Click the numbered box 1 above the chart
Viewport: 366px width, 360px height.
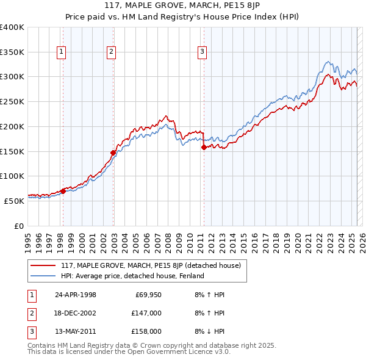(x=62, y=52)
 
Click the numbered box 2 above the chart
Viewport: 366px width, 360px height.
(x=112, y=52)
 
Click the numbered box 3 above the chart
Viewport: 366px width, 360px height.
(x=202, y=52)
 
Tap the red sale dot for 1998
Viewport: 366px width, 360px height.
(x=63, y=191)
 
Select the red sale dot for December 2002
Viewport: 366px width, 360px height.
(x=113, y=153)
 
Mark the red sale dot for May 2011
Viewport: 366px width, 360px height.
(x=204, y=147)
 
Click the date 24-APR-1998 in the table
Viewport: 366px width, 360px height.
(x=76, y=295)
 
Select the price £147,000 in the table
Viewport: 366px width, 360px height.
(x=147, y=313)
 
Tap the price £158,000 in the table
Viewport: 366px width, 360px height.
(x=147, y=331)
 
